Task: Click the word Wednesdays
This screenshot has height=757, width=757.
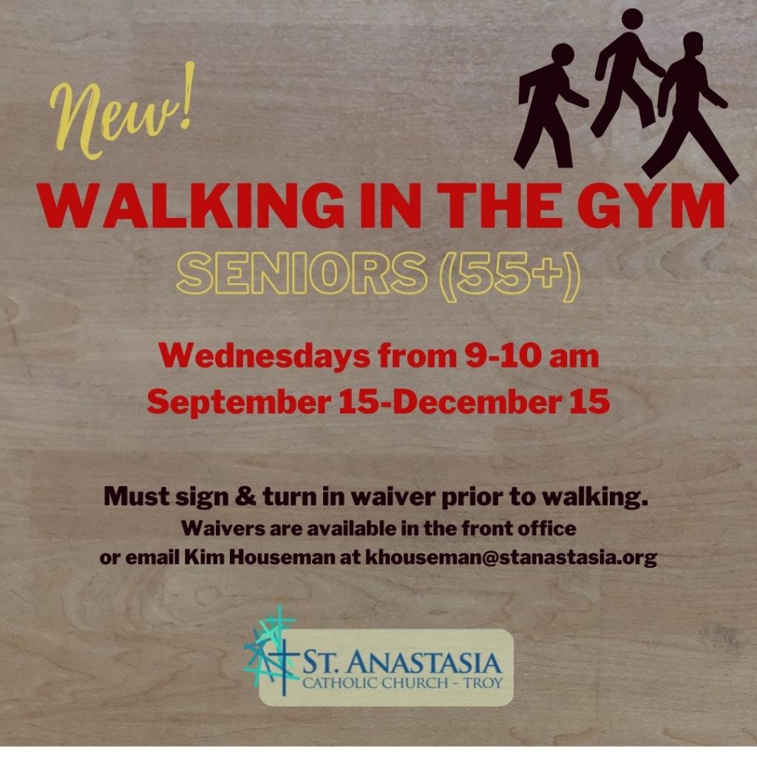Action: point(264,356)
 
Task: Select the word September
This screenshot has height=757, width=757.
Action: point(239,401)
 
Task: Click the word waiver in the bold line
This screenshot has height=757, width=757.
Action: point(392,497)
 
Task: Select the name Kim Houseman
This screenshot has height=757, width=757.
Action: point(259,557)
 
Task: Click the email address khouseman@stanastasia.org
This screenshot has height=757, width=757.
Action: point(512,557)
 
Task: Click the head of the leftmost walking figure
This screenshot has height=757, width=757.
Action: point(563,53)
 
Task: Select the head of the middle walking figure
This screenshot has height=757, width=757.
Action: point(633,19)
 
